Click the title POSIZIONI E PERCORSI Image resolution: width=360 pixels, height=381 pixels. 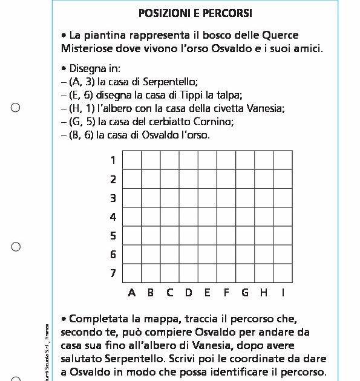pyautogui.click(x=195, y=13)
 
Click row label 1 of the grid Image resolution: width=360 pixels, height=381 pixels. pyautogui.click(x=113, y=160)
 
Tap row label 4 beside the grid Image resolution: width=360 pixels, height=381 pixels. pyautogui.click(x=113, y=217)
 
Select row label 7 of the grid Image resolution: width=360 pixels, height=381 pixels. pyautogui.click(x=113, y=273)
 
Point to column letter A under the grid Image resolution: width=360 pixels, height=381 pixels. pyautogui.click(x=132, y=293)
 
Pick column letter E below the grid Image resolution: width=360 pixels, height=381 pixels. pyautogui.click(x=208, y=293)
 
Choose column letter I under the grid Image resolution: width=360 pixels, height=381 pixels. pyautogui.click(x=283, y=293)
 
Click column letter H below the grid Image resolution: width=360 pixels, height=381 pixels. pyautogui.click(x=264, y=293)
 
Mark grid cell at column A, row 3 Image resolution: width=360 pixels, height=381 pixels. pyautogui.click(x=132, y=198)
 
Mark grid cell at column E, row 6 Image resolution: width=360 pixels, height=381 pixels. pyautogui.click(x=208, y=255)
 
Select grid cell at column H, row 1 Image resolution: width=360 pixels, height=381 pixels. pyautogui.click(x=264, y=160)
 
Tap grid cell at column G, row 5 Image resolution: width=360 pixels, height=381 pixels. pyautogui.click(x=245, y=236)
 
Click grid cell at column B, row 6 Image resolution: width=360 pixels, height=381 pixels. pyautogui.click(x=151, y=255)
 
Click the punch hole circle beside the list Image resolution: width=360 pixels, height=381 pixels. pyautogui.click(x=16, y=108)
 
